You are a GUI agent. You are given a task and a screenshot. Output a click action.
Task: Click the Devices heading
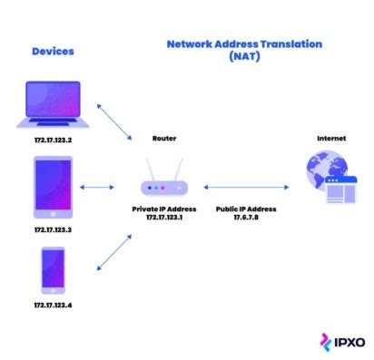pyautogui.click(x=53, y=51)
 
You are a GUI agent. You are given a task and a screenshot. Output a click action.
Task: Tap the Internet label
pyautogui.click(x=330, y=139)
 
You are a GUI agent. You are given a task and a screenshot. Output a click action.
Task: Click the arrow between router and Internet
pyautogui.click(x=246, y=188)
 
